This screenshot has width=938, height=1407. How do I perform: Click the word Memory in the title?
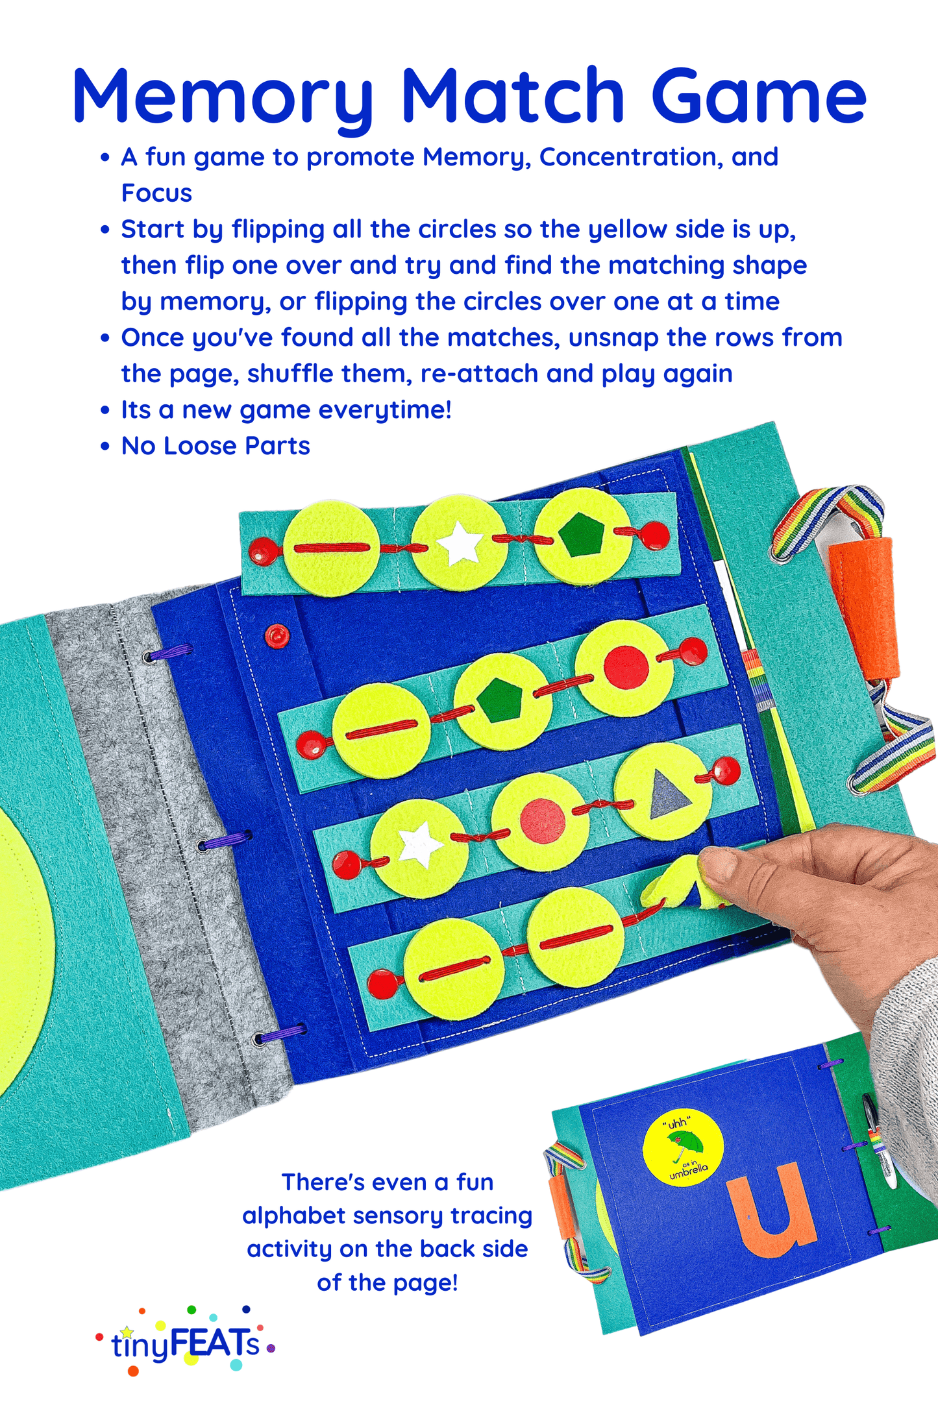click(x=223, y=97)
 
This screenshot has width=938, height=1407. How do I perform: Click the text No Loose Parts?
click(x=216, y=446)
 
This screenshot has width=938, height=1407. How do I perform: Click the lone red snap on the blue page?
click(x=277, y=635)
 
